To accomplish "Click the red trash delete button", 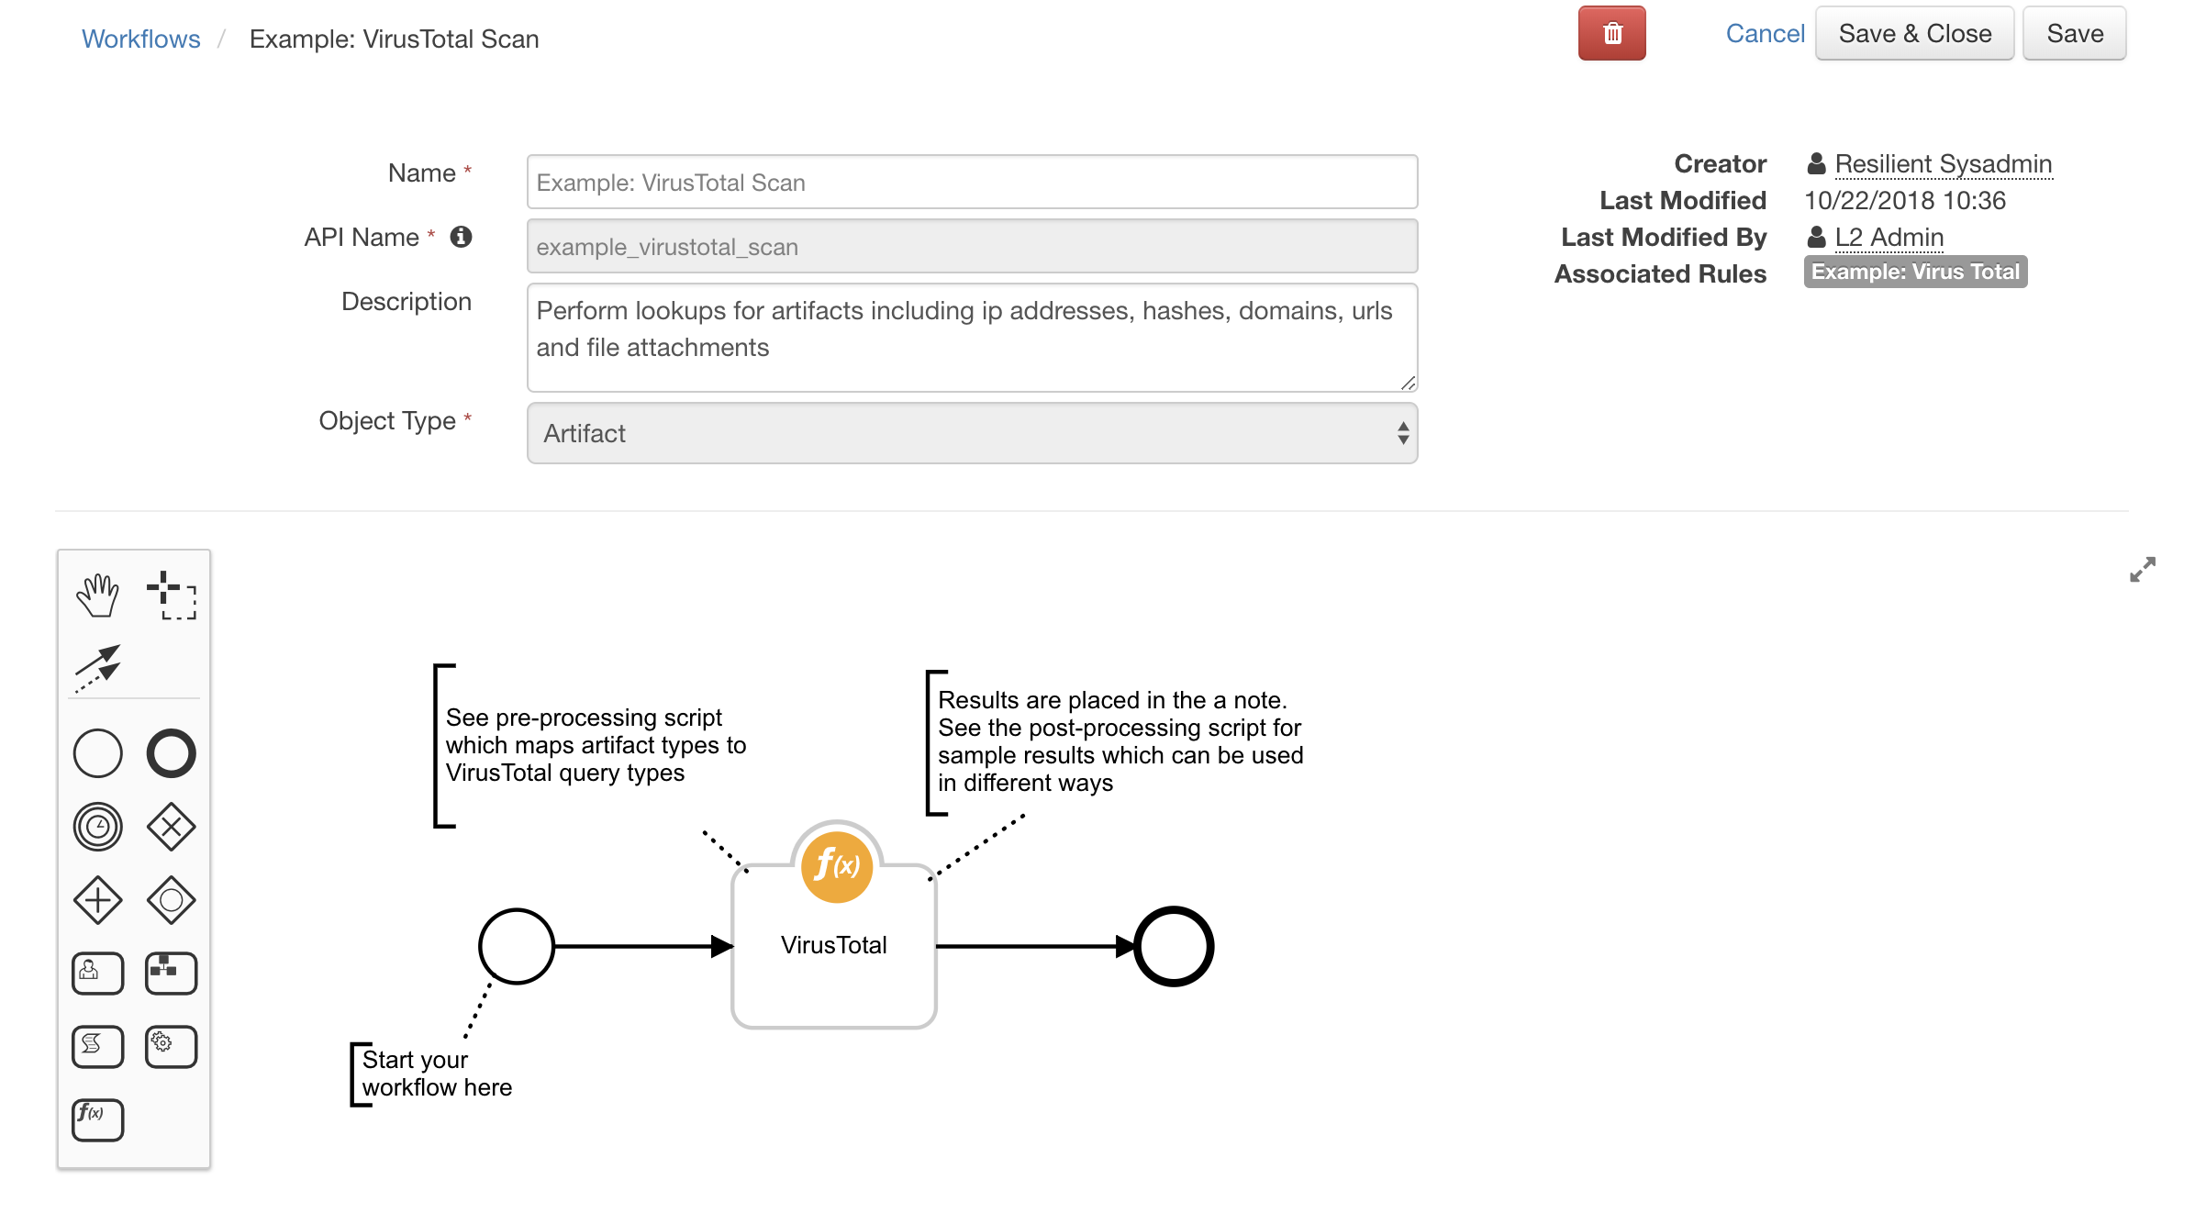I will tap(1611, 34).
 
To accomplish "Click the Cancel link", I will tap(1765, 34).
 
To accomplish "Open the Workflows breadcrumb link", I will tap(140, 39).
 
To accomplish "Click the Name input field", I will tap(972, 182).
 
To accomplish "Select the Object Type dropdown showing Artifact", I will tap(972, 433).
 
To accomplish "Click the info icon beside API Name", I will tap(461, 237).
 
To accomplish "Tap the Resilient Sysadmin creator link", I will tap(1943, 163).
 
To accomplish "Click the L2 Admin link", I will tap(1889, 237).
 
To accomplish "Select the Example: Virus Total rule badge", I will tap(1915, 272).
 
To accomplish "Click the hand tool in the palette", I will tap(97, 595).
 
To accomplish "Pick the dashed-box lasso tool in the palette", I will tap(172, 595).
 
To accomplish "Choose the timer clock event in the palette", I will tap(97, 827).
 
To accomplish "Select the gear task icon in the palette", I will tap(172, 1046).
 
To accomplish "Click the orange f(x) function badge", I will tap(836, 865).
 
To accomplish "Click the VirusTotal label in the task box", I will tap(833, 945).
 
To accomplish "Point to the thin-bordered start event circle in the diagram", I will tap(517, 946).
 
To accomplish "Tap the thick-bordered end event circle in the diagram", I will tap(1174, 946).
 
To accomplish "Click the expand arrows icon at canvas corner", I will tap(2142, 570).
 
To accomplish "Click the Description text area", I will tap(972, 337).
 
